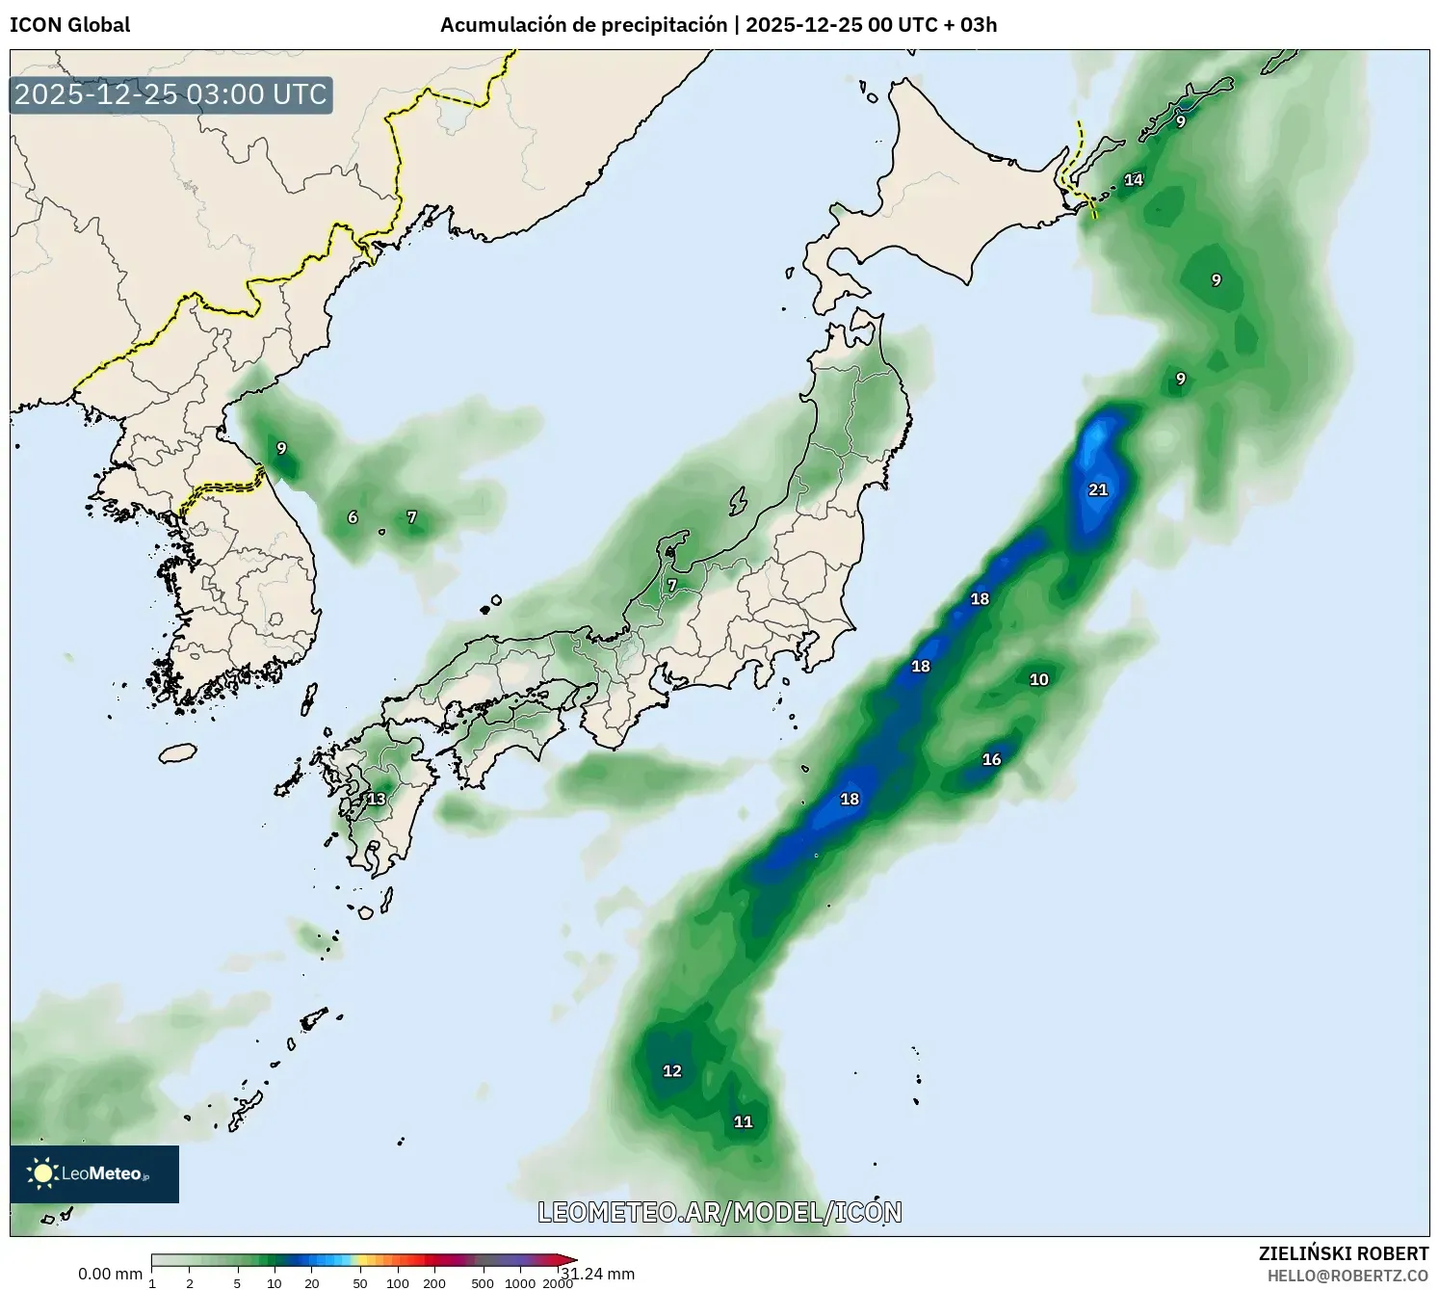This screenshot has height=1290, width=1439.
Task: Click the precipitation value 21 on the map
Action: (x=1098, y=489)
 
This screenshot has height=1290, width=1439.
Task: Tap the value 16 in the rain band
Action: (x=991, y=759)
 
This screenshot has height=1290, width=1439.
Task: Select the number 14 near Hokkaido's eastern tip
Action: (x=1134, y=180)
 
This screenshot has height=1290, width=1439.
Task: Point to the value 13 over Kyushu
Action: (x=376, y=799)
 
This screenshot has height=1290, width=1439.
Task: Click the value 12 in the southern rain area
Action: (x=671, y=1070)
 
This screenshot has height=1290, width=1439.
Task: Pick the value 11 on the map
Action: (x=743, y=1121)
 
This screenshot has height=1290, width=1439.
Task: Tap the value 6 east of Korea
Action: (x=353, y=517)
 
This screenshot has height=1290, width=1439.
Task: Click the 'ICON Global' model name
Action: (x=69, y=25)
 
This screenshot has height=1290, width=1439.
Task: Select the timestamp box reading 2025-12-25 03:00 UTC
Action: (x=170, y=94)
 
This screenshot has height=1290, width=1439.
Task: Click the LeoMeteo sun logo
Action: (x=42, y=1172)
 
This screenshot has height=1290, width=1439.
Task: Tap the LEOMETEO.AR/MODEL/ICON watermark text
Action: (x=719, y=1212)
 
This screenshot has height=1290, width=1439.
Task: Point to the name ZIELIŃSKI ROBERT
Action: (x=1344, y=1253)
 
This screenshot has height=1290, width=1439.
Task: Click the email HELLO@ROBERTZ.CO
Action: (x=1347, y=1276)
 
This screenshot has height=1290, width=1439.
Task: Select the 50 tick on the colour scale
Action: (x=360, y=1283)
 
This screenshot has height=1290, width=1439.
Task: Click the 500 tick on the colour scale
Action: (x=483, y=1283)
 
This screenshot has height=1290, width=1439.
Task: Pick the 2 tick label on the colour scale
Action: (x=190, y=1283)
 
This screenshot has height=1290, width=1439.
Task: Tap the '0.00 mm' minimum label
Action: (x=110, y=1274)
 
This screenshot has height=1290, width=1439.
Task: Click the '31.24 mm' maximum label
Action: (x=599, y=1274)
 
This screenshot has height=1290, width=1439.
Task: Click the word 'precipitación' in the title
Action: (x=665, y=25)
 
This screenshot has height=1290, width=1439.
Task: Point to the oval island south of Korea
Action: (x=177, y=752)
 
